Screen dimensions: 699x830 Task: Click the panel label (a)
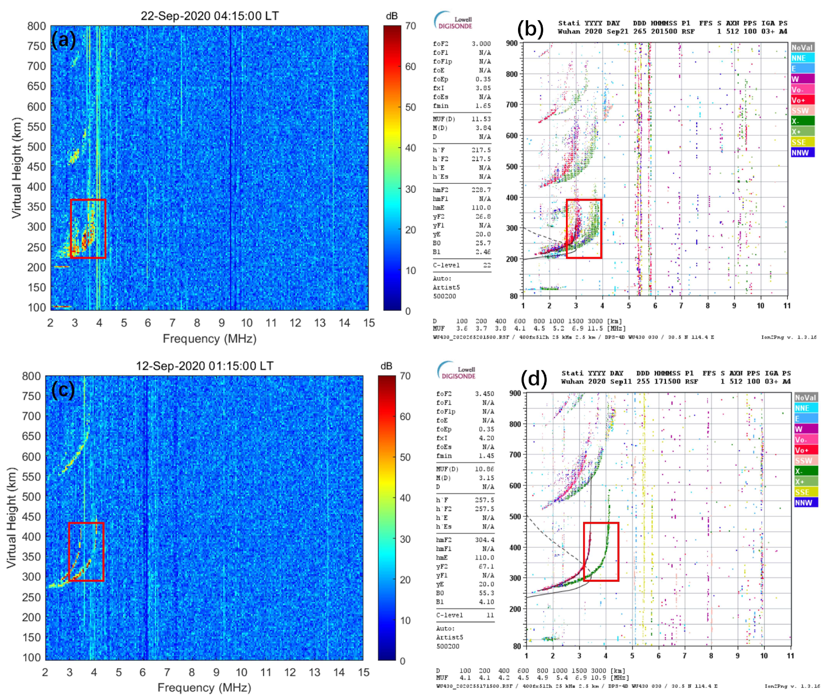pyautogui.click(x=64, y=39)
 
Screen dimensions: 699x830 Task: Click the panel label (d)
pyautogui.click(x=534, y=379)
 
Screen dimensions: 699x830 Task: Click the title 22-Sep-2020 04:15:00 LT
pyautogui.click(x=210, y=16)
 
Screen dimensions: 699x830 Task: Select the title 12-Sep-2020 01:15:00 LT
pyautogui.click(x=204, y=366)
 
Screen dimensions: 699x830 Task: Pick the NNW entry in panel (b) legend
pyautogui.click(x=802, y=153)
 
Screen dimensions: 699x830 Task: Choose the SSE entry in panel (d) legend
pyautogui.click(x=806, y=492)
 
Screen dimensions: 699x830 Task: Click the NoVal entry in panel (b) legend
pyautogui.click(x=802, y=47)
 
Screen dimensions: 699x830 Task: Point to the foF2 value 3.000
pyautogui.click(x=481, y=44)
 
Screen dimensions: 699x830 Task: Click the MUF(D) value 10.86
pyautogui.click(x=484, y=469)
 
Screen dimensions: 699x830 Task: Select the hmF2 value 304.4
pyautogui.click(x=484, y=540)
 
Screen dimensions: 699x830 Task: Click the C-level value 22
pyautogui.click(x=487, y=265)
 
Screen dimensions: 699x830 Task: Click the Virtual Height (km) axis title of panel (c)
pyautogui.click(x=11, y=517)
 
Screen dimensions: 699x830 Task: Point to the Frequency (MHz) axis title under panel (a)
pyautogui.click(x=210, y=338)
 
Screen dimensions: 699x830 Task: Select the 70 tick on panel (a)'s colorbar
pyautogui.click(x=410, y=26)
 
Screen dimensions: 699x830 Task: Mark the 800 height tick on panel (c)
pyautogui.click(x=31, y=376)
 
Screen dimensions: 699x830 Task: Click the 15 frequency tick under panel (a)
pyautogui.click(x=369, y=323)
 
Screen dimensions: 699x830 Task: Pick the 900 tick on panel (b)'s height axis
pyautogui.click(x=512, y=43)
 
